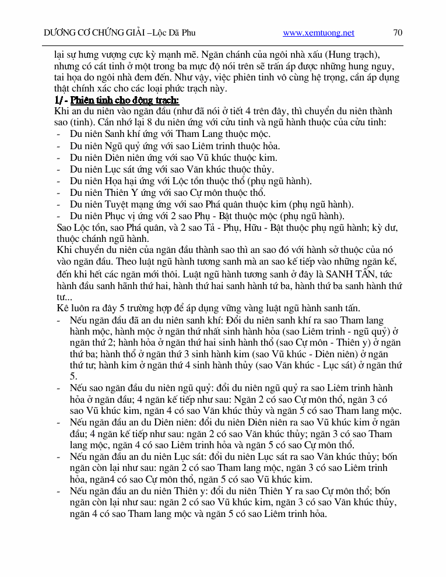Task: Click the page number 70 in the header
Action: pyautogui.click(x=398, y=33)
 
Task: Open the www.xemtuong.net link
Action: pyautogui.click(x=318, y=33)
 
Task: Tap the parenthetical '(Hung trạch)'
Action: pyautogui.click(x=349, y=55)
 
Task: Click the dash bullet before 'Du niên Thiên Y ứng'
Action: pyautogui.click(x=59, y=193)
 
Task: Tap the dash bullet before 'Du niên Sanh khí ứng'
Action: pyautogui.click(x=59, y=134)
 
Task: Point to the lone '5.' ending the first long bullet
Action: pyautogui.click(x=73, y=377)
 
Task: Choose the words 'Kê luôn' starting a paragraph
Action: pyautogui.click(x=73, y=308)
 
